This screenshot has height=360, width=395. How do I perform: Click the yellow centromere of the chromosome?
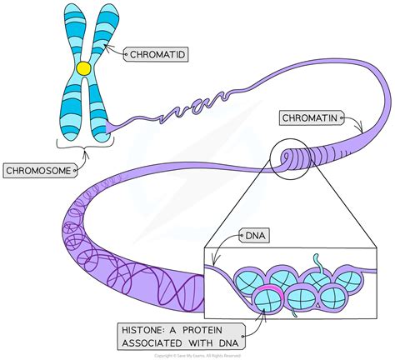pyautogui.click(x=83, y=67)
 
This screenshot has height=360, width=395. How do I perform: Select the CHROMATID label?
pyautogui.click(x=156, y=55)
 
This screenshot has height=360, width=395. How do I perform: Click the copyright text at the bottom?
pyautogui.click(x=198, y=355)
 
